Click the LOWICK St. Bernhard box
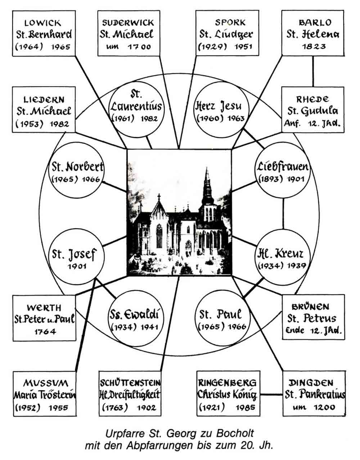(44, 34)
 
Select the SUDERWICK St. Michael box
(129, 34)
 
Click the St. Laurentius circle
(136, 106)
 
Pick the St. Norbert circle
(76, 172)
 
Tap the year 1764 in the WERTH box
(45, 331)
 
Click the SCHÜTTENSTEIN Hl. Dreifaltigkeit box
(130, 394)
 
